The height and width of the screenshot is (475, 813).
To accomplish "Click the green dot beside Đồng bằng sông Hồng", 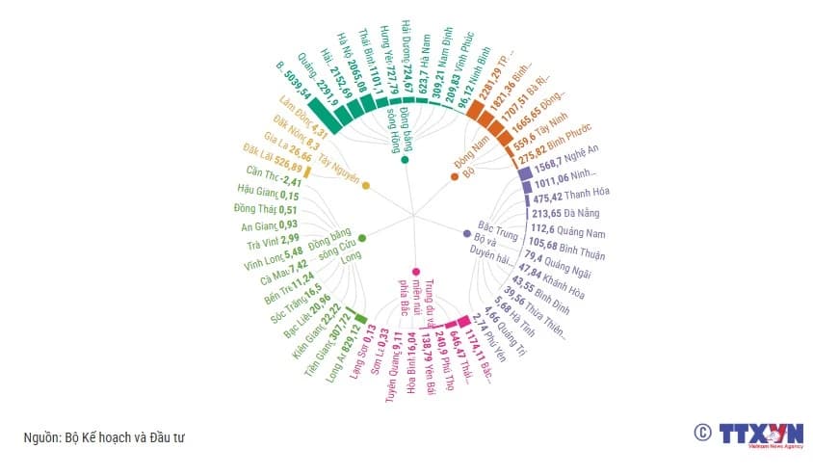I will pyautogui.click(x=405, y=160).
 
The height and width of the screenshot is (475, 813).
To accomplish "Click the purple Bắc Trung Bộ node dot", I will pyautogui.click(x=467, y=233).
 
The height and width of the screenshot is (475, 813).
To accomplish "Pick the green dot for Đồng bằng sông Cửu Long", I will pyautogui.click(x=361, y=238).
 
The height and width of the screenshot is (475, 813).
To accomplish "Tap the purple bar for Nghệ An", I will pyautogui.click(x=525, y=175).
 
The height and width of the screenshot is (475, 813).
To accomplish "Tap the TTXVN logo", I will pyautogui.click(x=761, y=436).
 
